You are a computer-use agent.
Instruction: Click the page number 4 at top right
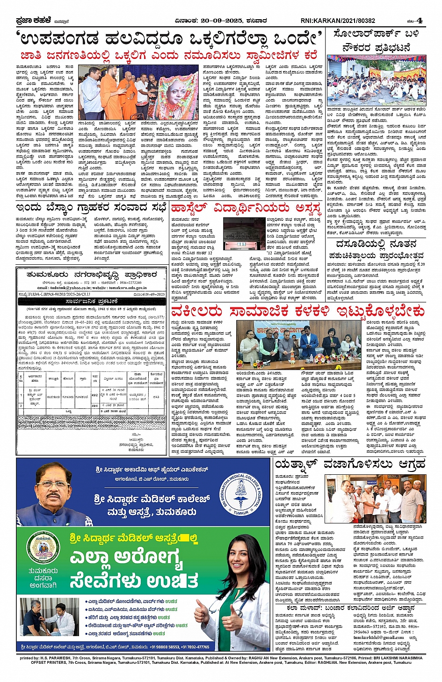pyautogui.click(x=420, y=20)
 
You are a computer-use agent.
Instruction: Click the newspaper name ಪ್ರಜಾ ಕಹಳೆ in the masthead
pyautogui.click(x=30, y=21)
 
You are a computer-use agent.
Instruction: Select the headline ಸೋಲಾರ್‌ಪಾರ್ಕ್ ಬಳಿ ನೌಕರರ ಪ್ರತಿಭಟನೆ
pyautogui.click(x=376, y=41)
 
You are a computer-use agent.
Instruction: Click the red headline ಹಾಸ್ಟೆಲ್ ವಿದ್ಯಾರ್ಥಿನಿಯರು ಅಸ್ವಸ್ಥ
pyautogui.click(x=246, y=208)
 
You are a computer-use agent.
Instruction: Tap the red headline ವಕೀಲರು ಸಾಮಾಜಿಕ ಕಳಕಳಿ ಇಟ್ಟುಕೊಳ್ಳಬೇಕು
pyautogui.click(x=298, y=311)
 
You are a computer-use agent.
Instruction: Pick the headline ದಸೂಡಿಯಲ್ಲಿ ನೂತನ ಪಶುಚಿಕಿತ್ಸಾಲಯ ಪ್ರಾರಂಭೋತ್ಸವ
pyautogui.click(x=376, y=250)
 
